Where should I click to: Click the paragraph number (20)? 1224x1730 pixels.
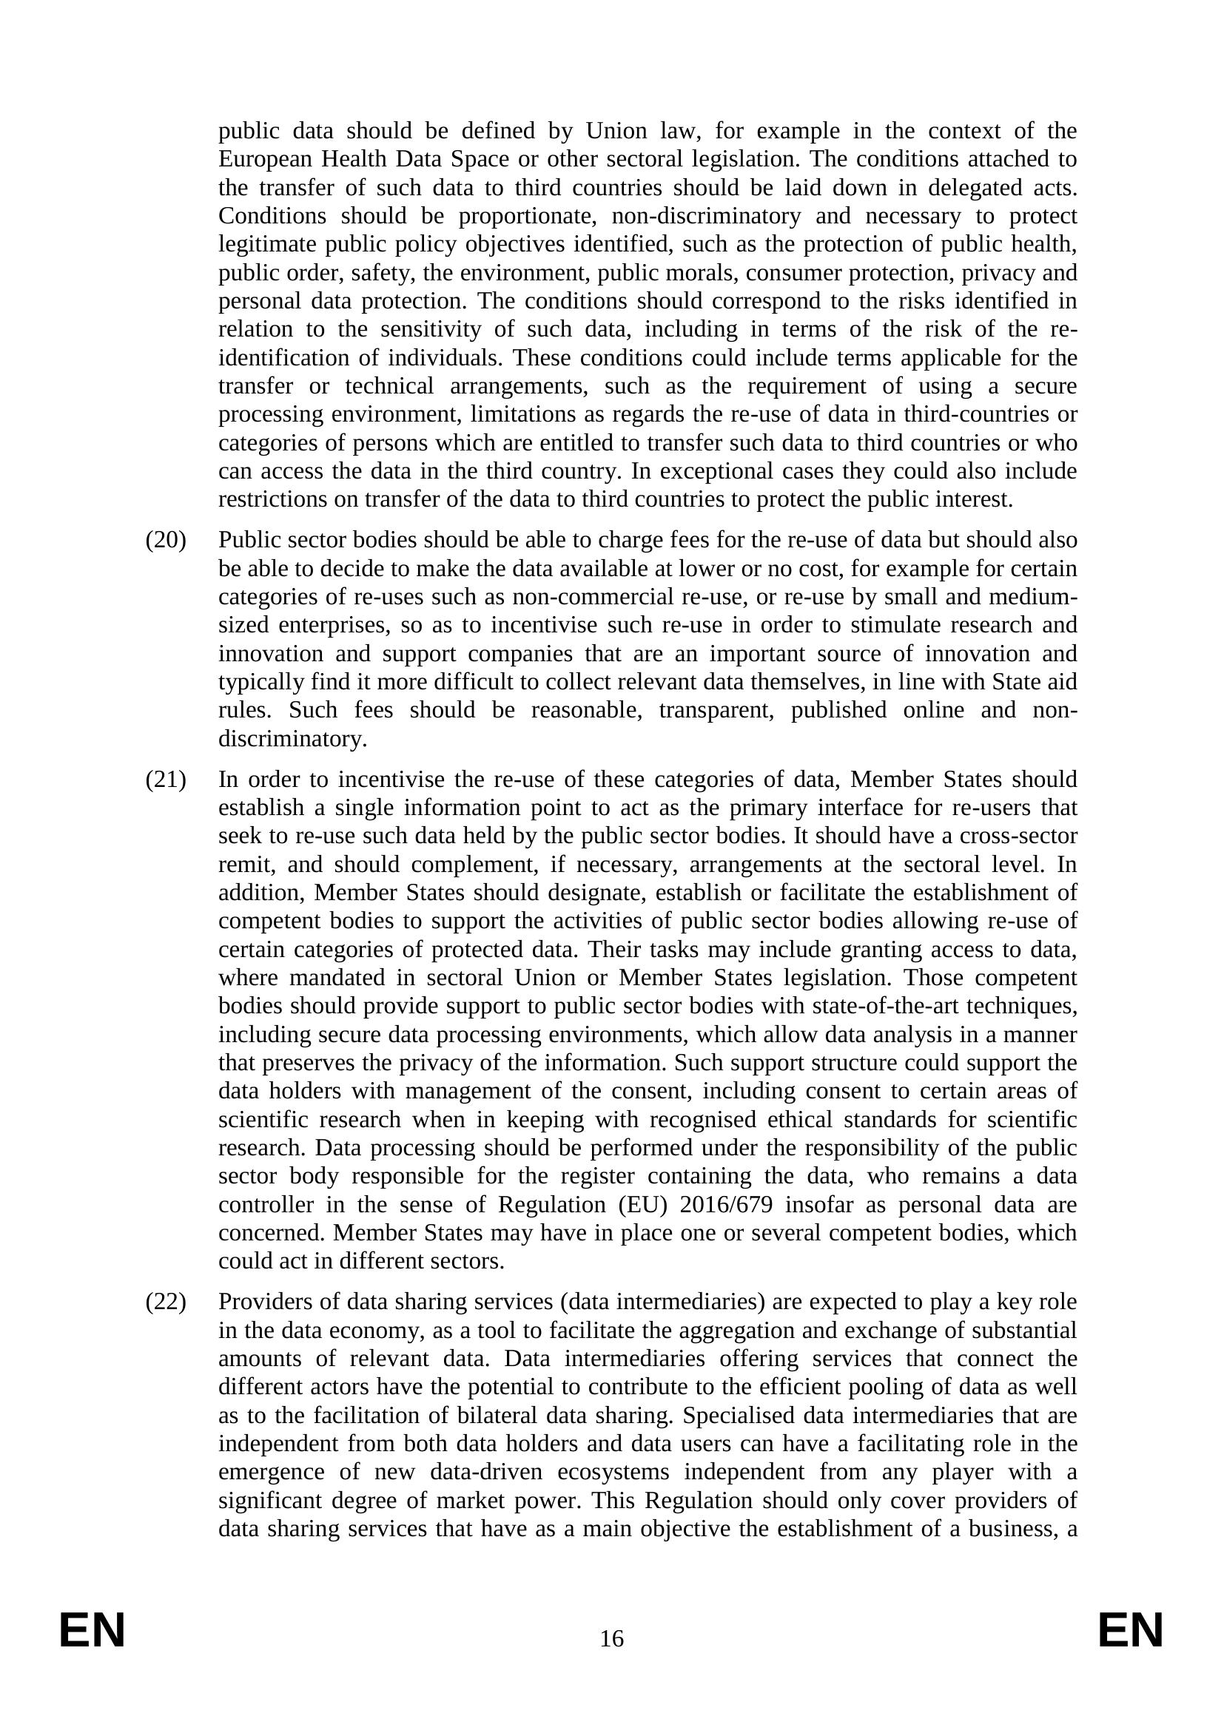coord(165,540)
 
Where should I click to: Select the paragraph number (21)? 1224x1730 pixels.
coord(165,779)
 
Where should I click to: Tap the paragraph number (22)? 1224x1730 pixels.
coord(165,1301)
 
